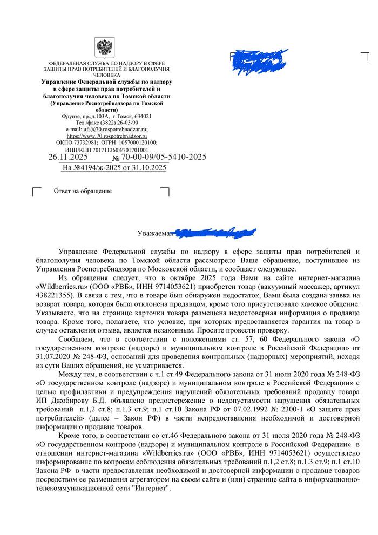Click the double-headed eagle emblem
(x=103, y=48)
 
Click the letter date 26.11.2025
(x=68, y=157)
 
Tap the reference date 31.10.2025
(x=146, y=168)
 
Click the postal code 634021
(x=141, y=116)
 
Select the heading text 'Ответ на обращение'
(x=83, y=191)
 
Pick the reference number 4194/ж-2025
(x=102, y=168)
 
